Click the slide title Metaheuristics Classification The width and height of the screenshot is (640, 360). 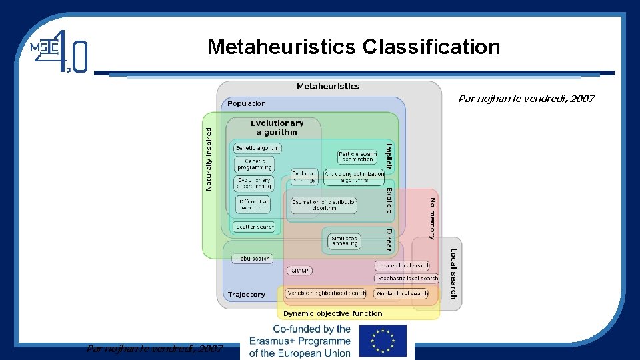(353, 47)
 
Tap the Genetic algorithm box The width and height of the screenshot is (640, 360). (257, 148)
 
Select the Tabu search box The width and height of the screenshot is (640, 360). (253, 259)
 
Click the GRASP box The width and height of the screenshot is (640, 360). (298, 271)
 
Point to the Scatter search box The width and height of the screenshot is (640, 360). (254, 227)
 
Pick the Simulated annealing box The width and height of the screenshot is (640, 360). (345, 241)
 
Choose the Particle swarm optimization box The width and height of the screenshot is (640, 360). (357, 157)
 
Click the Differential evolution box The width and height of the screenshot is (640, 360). (253, 205)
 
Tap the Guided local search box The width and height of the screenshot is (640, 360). (402, 293)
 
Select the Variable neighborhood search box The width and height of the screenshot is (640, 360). (326, 293)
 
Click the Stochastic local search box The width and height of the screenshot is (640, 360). (407, 279)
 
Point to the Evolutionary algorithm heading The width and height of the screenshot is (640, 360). (277, 127)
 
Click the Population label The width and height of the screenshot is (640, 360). (246, 103)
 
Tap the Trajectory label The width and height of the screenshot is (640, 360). (246, 295)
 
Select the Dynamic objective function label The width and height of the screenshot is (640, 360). (333, 313)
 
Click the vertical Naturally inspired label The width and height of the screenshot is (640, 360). (209, 159)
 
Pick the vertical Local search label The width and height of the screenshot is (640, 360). (453, 273)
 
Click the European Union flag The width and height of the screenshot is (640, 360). (382, 341)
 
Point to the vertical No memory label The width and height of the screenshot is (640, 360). (432, 218)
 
